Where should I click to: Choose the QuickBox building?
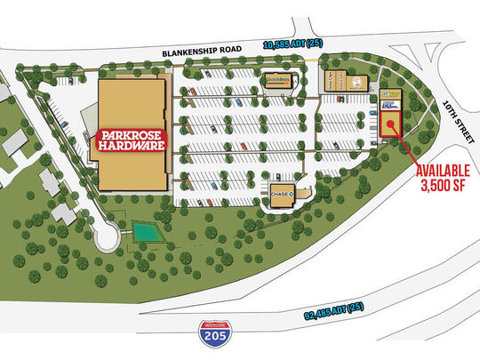(x=278, y=79)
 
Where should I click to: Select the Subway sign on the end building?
(x=388, y=93)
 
